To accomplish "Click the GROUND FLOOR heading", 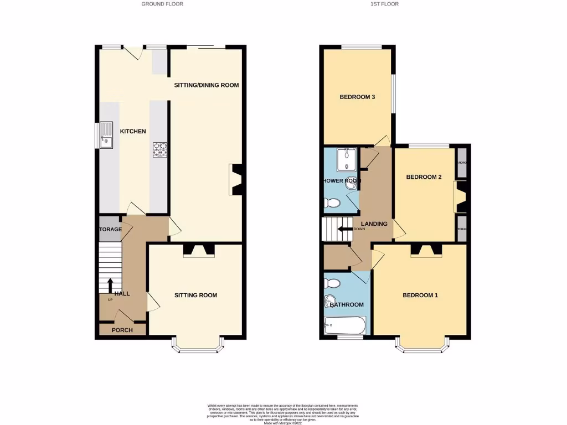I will point(162,4).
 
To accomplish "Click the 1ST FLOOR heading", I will point(385,4).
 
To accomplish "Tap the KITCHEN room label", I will point(133,131).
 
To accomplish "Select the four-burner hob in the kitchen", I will point(160,149).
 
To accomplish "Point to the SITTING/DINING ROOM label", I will point(206,85).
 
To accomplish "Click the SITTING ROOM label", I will point(195,295).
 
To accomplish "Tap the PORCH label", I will point(122,330).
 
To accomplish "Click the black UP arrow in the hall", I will point(110,286).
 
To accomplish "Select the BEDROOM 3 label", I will point(357,97).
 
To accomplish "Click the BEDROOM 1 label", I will point(420,295).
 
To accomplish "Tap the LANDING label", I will point(374,224).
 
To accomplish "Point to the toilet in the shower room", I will point(333,204).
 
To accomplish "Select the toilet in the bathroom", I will point(332,283).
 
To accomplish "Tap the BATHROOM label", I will point(347,304).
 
